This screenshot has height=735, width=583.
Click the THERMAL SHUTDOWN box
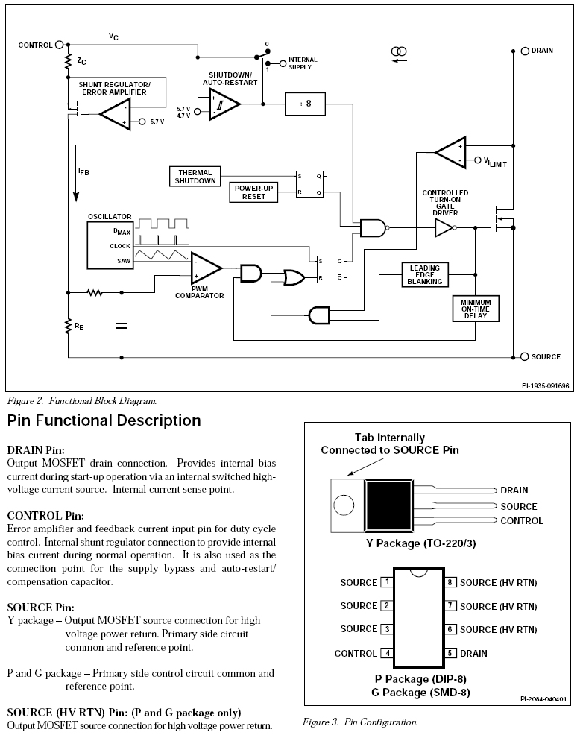point(196,177)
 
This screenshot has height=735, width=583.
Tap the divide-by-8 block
point(305,104)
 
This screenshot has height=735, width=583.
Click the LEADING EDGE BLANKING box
point(425,274)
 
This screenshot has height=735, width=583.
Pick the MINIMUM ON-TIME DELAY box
point(476,308)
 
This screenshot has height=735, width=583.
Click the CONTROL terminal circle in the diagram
point(60,45)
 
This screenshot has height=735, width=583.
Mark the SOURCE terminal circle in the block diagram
point(524,356)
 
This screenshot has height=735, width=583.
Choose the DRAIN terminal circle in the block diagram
point(524,51)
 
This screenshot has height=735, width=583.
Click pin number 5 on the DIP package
point(451,653)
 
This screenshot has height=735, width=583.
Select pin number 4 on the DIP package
point(386,653)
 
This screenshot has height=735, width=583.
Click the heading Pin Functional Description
point(104,420)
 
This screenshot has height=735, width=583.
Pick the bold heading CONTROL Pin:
point(45,515)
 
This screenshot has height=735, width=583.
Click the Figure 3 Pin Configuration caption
point(359,722)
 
